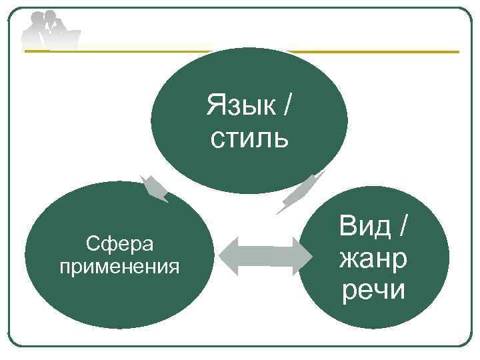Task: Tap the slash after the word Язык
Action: pyautogui.click(x=287, y=104)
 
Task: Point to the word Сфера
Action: pyautogui.click(x=120, y=244)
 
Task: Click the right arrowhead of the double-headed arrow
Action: pyautogui.click(x=307, y=255)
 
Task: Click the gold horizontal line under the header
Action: pyautogui.click(x=373, y=51)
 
